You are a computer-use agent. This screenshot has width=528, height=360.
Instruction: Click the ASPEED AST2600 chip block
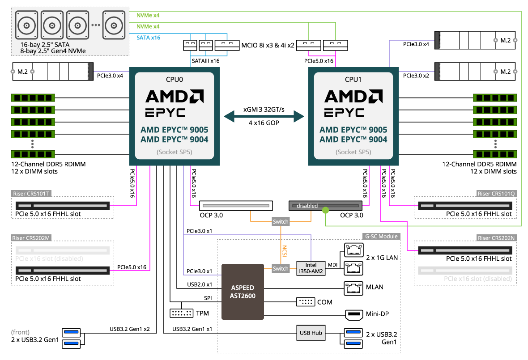[x=243, y=292]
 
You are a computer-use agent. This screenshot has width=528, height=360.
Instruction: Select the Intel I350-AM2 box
[x=311, y=268]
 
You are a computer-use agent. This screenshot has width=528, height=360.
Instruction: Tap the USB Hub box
[x=311, y=333]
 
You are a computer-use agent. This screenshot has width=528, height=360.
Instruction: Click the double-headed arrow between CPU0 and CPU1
[x=264, y=117]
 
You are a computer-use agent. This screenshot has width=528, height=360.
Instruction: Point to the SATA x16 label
[x=149, y=38]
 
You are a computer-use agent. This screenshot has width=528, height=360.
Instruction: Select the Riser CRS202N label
[x=497, y=238]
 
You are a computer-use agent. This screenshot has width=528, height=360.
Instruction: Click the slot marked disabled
[x=325, y=206]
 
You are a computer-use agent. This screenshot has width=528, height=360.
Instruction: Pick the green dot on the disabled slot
[x=325, y=210]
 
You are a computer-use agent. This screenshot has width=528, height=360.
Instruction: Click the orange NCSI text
[x=284, y=251]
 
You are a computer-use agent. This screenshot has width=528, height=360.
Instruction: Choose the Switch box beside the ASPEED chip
[x=281, y=268]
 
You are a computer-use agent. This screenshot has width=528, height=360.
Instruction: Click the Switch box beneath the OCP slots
[x=281, y=221]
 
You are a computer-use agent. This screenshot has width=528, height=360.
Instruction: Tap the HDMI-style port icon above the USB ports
[x=354, y=315]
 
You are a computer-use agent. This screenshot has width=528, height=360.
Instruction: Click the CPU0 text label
[x=174, y=80]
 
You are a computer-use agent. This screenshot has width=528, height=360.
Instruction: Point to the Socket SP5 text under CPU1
[x=353, y=152]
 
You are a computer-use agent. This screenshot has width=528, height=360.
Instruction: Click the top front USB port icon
[x=72, y=332]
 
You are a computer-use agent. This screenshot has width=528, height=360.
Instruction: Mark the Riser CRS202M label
[x=32, y=238]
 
